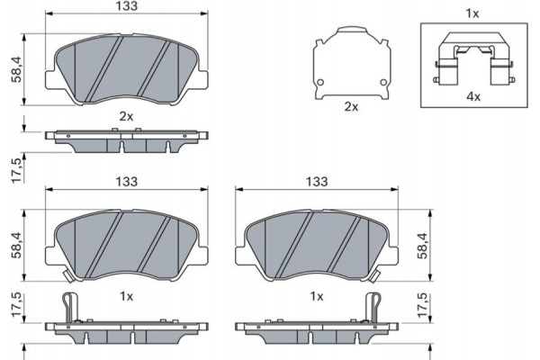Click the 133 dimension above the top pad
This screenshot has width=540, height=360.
click(x=126, y=5)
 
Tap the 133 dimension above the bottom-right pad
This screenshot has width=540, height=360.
click(x=317, y=182)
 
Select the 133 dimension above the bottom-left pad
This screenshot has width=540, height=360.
click(x=126, y=182)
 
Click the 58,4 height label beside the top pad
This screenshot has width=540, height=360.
click(x=16, y=69)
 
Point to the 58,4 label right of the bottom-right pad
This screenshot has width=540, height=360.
click(x=423, y=246)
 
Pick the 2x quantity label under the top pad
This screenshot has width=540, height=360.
click(x=126, y=117)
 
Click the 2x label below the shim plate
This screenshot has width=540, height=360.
click(x=351, y=107)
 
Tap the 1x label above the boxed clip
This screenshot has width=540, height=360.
click(x=472, y=13)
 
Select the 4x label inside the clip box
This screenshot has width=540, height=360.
click(x=473, y=97)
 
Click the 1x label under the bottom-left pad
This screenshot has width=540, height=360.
click(x=126, y=296)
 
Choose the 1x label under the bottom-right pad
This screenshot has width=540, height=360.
click(x=317, y=296)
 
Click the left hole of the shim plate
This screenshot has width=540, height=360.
click(x=320, y=82)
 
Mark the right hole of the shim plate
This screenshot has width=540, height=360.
click(x=383, y=82)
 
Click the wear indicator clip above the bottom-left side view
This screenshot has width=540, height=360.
click(x=70, y=307)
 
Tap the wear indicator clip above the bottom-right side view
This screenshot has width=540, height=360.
click(x=373, y=307)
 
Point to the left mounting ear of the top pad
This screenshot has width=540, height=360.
click(x=50, y=79)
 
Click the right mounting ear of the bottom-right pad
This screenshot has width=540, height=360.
click(x=393, y=256)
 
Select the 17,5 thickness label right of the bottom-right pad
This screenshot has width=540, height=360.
click(x=423, y=305)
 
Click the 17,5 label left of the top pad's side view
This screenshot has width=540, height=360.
click(x=16, y=169)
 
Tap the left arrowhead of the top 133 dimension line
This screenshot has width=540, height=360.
click(x=49, y=13)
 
